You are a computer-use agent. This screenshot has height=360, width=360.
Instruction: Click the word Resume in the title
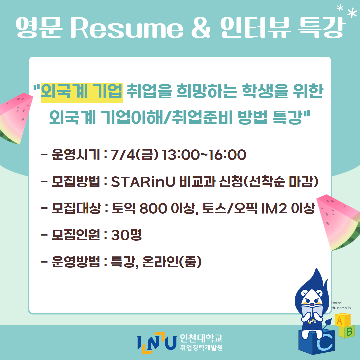[x=127, y=28]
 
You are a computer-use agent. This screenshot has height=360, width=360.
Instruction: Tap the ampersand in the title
[x=201, y=28]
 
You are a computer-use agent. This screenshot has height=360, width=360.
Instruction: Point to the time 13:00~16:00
[x=204, y=155]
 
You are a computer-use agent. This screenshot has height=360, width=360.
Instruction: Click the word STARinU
[x=143, y=182]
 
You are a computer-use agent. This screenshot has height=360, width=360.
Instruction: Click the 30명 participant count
[x=126, y=235]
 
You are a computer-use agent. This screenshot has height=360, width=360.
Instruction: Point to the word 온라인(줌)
[x=172, y=262]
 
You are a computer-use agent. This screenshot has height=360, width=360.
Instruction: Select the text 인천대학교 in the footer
[x=201, y=338]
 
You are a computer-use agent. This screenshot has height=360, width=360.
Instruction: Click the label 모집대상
[x=76, y=209]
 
